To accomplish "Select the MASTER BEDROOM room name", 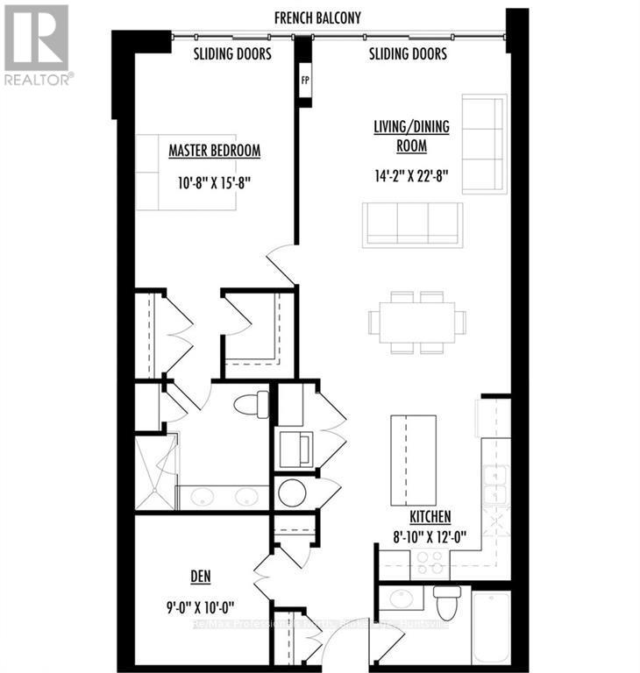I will tap(214, 151).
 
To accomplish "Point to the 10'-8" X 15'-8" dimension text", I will tap(214, 184).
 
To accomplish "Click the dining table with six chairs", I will tap(417, 322).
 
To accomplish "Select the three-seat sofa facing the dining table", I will tap(412, 223).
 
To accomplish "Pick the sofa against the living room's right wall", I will tap(484, 144).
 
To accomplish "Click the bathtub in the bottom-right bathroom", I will tap(490, 627).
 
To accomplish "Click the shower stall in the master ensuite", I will tap(154, 473).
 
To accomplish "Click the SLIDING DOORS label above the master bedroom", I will tap(232, 54).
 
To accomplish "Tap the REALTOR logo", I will tap(37, 44).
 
